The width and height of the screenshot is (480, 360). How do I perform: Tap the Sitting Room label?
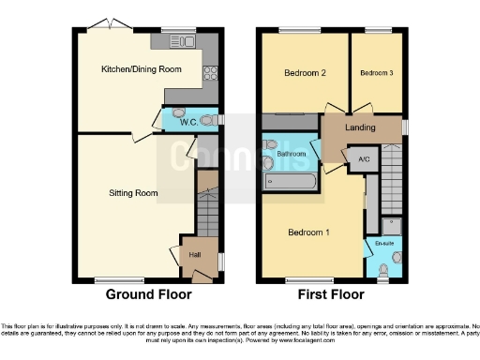pos(132,193)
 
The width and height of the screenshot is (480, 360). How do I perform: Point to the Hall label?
pos(195,255)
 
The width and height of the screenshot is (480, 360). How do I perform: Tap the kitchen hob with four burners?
pos(211,72)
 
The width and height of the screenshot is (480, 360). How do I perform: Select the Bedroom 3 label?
pos(376,72)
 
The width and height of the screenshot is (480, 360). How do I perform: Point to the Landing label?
pos(361,127)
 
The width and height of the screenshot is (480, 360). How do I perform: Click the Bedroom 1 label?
pos(309,232)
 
